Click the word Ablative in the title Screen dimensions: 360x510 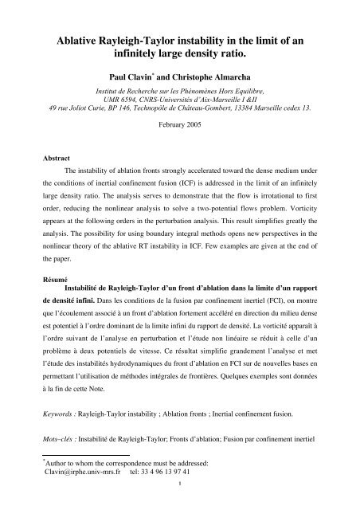78,41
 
